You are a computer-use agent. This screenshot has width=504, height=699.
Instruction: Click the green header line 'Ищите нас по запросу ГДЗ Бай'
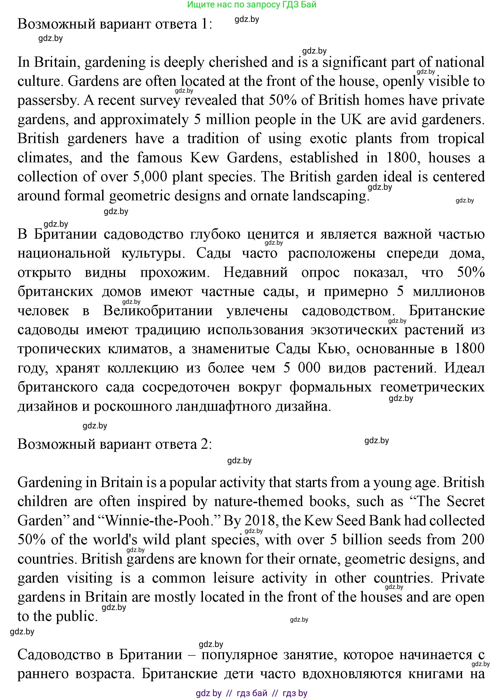tap(251, 5)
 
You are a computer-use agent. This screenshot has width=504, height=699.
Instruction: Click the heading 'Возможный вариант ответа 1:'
tap(115, 24)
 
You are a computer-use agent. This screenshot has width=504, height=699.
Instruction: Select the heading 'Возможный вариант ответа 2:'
tap(115, 444)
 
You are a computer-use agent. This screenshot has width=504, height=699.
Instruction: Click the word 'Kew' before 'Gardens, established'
tap(204, 158)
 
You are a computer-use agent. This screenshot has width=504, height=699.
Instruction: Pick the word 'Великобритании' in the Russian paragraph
tap(158, 311)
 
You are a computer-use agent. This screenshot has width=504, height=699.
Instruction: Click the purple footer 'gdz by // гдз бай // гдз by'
tap(251, 693)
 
